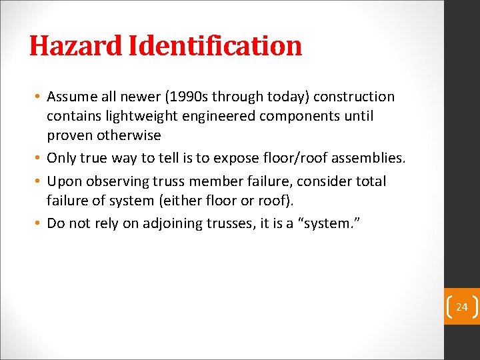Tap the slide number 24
(462, 307)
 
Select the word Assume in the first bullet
(70, 97)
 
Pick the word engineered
(210, 116)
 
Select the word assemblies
(369, 158)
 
